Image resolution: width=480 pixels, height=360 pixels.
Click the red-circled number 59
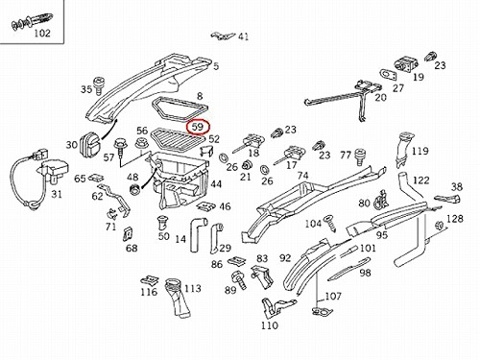pos(198,127)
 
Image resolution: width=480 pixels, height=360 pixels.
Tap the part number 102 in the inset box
pos(42,33)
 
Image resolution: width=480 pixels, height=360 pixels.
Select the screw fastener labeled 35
pos(99,85)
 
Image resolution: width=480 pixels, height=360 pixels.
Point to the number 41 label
pos(243,36)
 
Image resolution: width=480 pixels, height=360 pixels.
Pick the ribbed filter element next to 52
pos(178,139)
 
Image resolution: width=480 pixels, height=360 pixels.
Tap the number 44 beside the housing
pos(216,184)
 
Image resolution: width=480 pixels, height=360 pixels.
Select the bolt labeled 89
pos(239,279)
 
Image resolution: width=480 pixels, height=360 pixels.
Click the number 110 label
pos(270,325)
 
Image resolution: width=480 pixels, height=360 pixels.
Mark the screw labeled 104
pos(329,224)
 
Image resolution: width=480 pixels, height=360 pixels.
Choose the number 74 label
pos(302,176)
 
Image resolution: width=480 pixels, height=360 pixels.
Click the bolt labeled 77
pos(360,156)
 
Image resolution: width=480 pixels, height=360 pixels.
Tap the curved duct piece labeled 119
pos(403,149)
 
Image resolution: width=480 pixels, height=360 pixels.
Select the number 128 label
pos(455,219)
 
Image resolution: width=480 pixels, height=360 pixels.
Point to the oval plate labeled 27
pos(389,75)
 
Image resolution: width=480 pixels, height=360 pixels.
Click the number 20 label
pos(380,97)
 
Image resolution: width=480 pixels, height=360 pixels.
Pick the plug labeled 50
pos(162,223)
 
